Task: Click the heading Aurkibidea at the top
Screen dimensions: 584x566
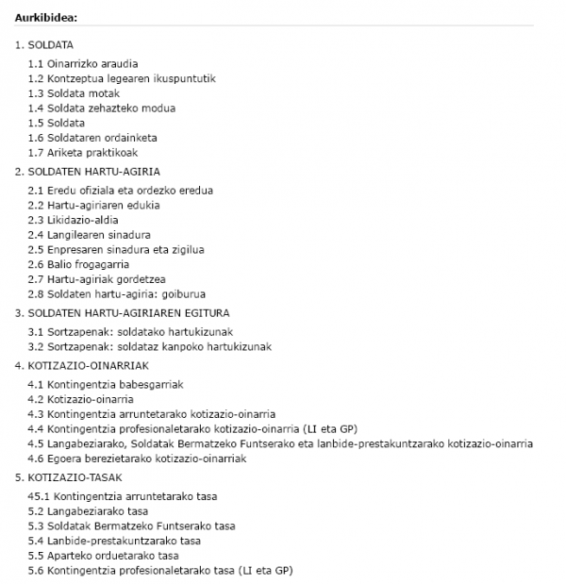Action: (x=46, y=17)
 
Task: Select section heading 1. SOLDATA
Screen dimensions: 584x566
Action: (x=44, y=44)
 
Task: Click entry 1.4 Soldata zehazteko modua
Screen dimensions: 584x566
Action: (x=102, y=108)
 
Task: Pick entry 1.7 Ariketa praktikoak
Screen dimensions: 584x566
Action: (x=84, y=152)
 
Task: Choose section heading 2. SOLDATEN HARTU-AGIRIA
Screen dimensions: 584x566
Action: (x=88, y=171)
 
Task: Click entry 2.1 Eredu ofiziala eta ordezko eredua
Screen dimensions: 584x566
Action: (x=121, y=190)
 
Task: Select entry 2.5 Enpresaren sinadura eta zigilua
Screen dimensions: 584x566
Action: (x=116, y=249)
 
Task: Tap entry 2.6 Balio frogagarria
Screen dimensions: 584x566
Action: (x=79, y=264)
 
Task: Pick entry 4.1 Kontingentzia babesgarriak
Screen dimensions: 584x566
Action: (x=106, y=384)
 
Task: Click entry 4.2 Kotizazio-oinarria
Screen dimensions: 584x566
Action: (x=81, y=399)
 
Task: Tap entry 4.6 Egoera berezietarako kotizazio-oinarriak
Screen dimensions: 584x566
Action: (x=138, y=459)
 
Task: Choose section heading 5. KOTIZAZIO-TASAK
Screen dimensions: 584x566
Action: (x=69, y=477)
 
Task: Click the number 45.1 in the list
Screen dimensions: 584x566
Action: (x=40, y=496)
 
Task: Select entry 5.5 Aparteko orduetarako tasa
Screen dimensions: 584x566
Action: (x=104, y=556)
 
